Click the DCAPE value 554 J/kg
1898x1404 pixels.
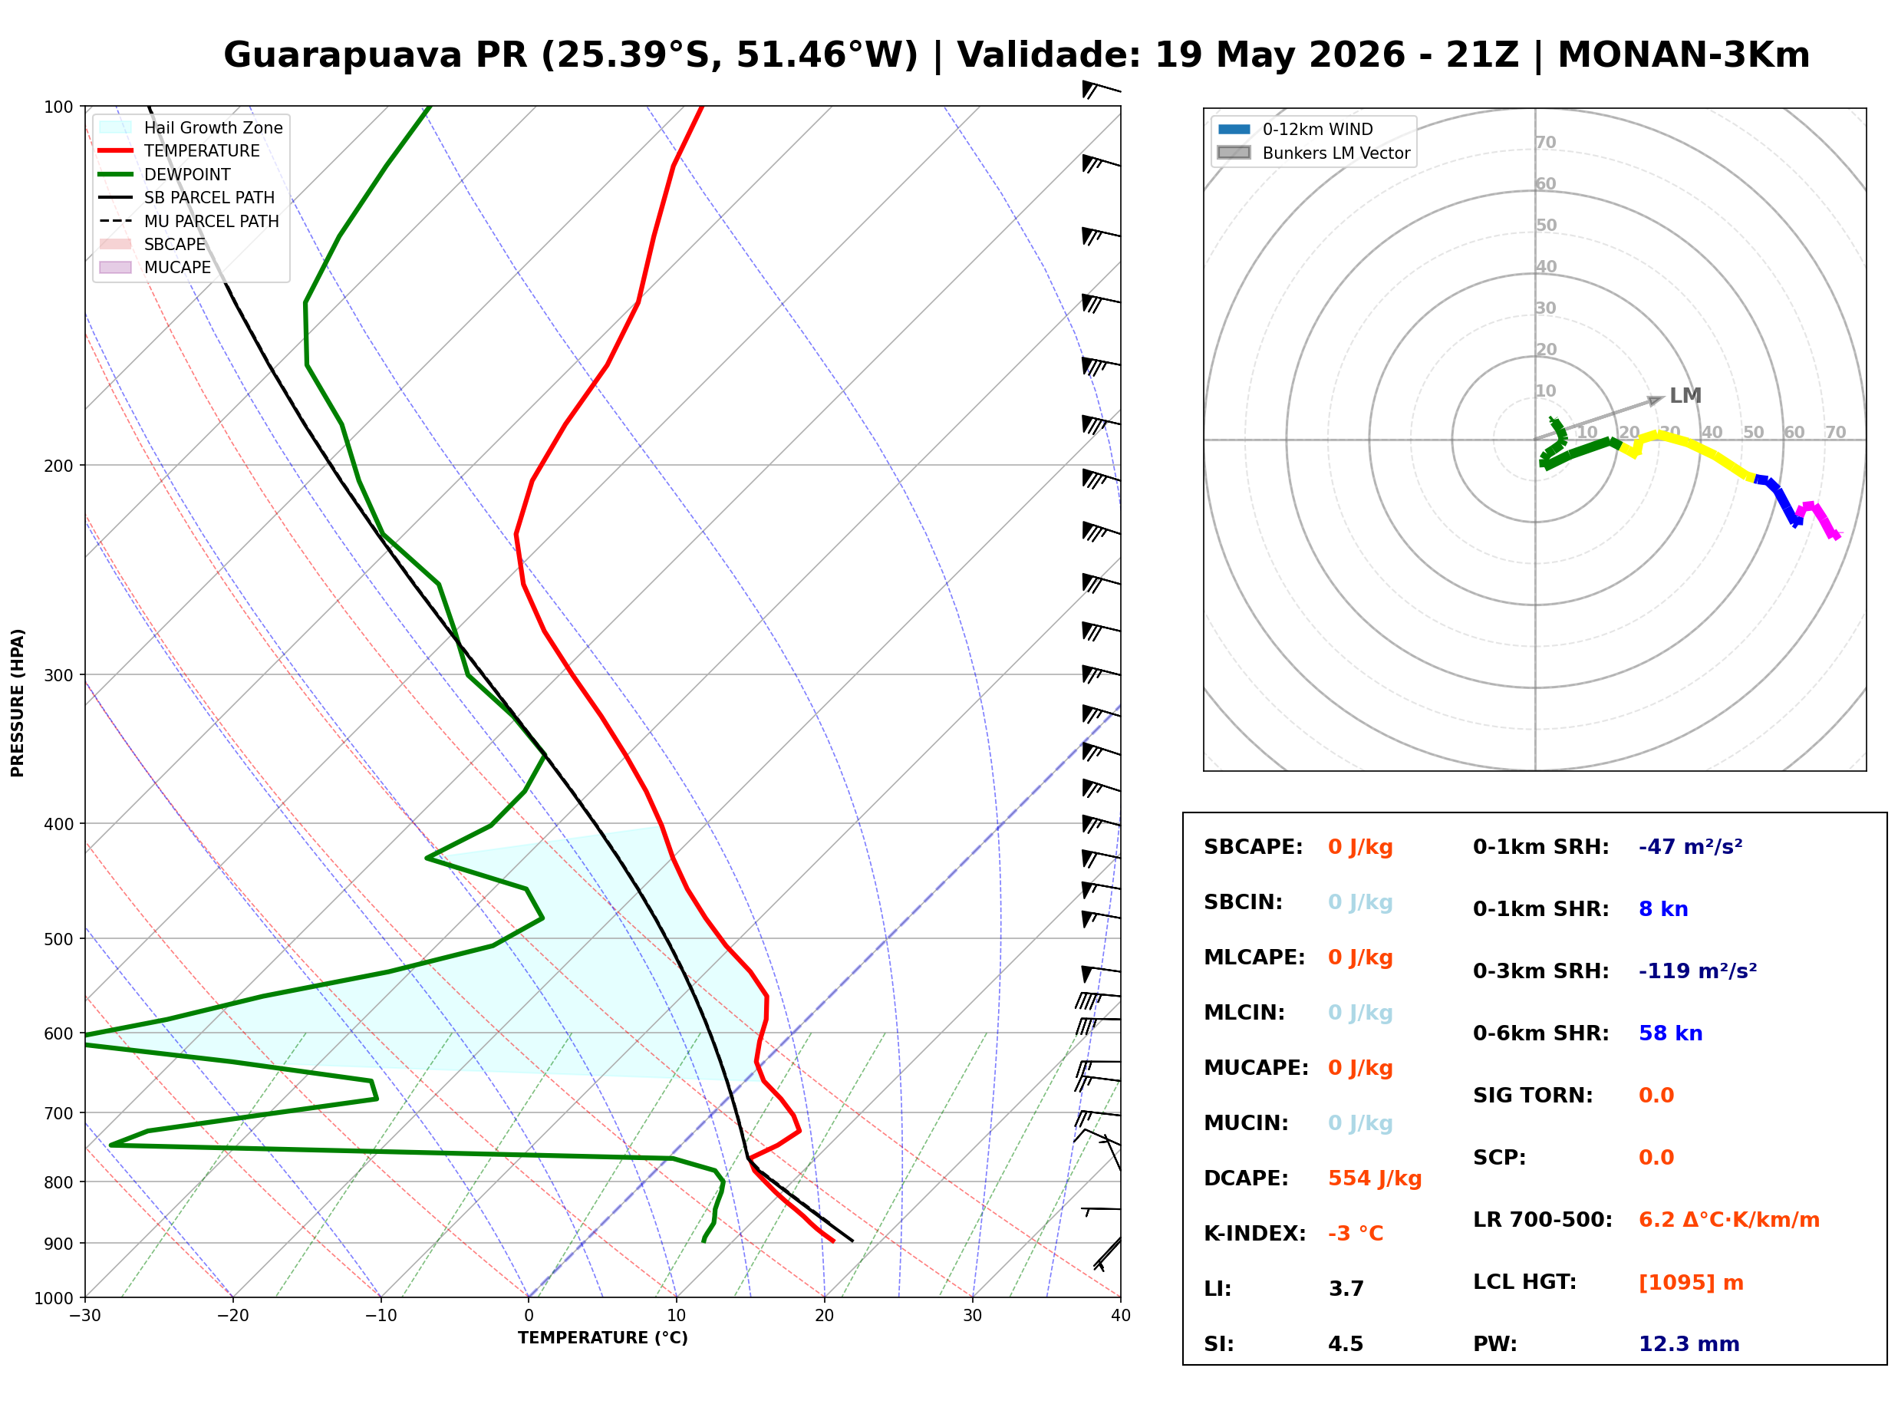1375,1178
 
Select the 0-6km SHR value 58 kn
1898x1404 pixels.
1670,1033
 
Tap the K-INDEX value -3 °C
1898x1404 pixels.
1356,1234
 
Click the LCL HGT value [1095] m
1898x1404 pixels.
1691,1283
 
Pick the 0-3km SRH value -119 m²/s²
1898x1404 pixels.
1698,971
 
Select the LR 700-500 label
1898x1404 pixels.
1542,1221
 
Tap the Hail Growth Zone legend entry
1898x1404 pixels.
190,127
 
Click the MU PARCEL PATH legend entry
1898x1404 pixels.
189,221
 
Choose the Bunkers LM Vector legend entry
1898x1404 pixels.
1313,153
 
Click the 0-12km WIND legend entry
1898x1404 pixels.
1296,129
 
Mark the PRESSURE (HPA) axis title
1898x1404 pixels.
18,703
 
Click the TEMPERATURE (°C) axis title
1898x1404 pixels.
603,1338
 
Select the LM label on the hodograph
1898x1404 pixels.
1685,396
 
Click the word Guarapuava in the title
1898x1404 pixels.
342,55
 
